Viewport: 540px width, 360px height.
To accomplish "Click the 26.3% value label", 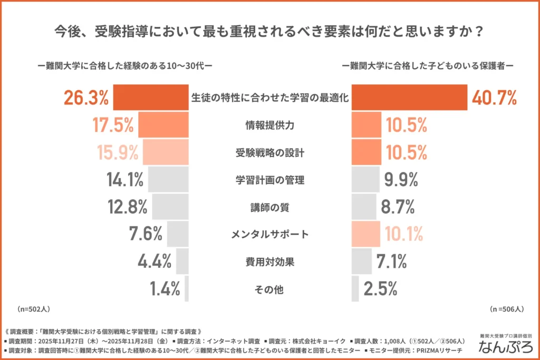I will [86, 98].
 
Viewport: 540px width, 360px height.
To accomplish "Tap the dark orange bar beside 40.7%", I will [409, 98].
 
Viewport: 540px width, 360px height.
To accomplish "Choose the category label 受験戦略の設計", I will [270, 153].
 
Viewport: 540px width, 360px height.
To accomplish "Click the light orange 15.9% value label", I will [118, 153].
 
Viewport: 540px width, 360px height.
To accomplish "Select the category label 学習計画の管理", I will [270, 180].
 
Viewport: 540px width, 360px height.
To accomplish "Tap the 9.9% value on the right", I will [401, 180].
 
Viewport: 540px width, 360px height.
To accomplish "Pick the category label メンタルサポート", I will [270, 234].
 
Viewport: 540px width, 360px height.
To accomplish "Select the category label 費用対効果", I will [270, 261].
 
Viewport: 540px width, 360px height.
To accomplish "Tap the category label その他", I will [270, 289].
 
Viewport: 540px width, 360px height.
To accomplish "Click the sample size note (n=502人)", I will [33, 308].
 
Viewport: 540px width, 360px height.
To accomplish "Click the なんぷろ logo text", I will [505, 347].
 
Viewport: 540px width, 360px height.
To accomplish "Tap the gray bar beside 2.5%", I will [355, 289].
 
